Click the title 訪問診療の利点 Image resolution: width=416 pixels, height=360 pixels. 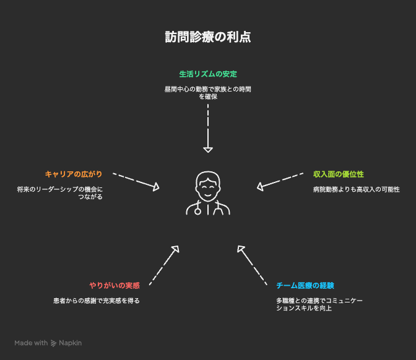(208, 37)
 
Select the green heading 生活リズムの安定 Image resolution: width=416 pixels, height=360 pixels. (208, 74)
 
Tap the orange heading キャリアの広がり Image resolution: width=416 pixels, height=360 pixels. (74, 174)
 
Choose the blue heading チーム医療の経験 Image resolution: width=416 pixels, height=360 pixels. (305, 285)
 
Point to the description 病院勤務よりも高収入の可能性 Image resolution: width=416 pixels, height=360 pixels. (357, 189)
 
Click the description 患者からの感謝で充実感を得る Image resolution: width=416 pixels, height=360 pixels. (97, 301)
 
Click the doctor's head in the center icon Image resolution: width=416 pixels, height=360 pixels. (208, 183)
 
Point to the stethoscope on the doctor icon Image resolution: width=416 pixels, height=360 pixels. (198, 209)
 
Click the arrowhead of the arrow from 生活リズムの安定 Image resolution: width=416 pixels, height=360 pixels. (208, 148)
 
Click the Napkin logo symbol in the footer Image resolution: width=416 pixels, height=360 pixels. (54, 343)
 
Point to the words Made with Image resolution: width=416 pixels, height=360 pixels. (31, 343)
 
